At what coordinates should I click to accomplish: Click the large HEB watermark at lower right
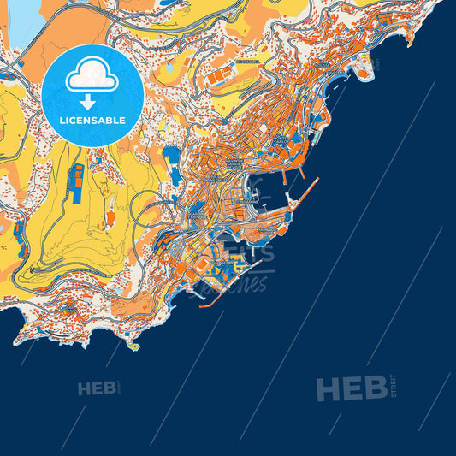coord(351,390)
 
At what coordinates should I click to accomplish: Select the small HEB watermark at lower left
coord(97,388)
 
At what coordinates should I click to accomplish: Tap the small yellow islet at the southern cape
coord(133,346)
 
